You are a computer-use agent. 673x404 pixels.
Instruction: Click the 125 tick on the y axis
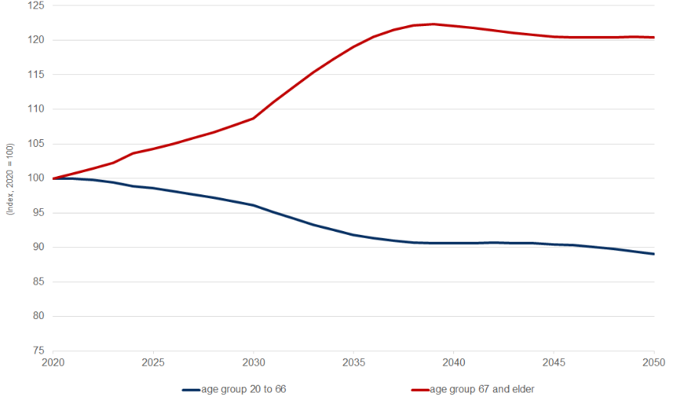coord(35,5)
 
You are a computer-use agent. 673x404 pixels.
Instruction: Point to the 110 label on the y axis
coord(35,109)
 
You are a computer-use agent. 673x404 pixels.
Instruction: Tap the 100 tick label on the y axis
coord(35,178)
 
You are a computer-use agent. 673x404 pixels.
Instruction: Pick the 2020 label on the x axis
coord(53,362)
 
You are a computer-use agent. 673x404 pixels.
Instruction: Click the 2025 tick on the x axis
coord(153,362)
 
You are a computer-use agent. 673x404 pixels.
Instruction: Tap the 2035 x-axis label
coord(353,362)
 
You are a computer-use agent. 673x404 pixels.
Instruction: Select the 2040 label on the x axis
coord(453,362)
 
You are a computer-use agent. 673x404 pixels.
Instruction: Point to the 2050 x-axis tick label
coord(653,362)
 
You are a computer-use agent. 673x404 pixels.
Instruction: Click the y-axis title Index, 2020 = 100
coord(10,178)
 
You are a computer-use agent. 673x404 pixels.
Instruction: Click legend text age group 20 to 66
coord(243,389)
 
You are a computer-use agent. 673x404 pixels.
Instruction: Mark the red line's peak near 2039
coord(433,24)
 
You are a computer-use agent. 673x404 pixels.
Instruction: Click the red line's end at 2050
coord(653,37)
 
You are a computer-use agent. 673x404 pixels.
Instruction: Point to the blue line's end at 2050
coord(653,254)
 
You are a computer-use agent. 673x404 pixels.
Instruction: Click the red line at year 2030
coord(253,118)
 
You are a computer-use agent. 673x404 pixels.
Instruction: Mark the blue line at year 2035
coord(353,234)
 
